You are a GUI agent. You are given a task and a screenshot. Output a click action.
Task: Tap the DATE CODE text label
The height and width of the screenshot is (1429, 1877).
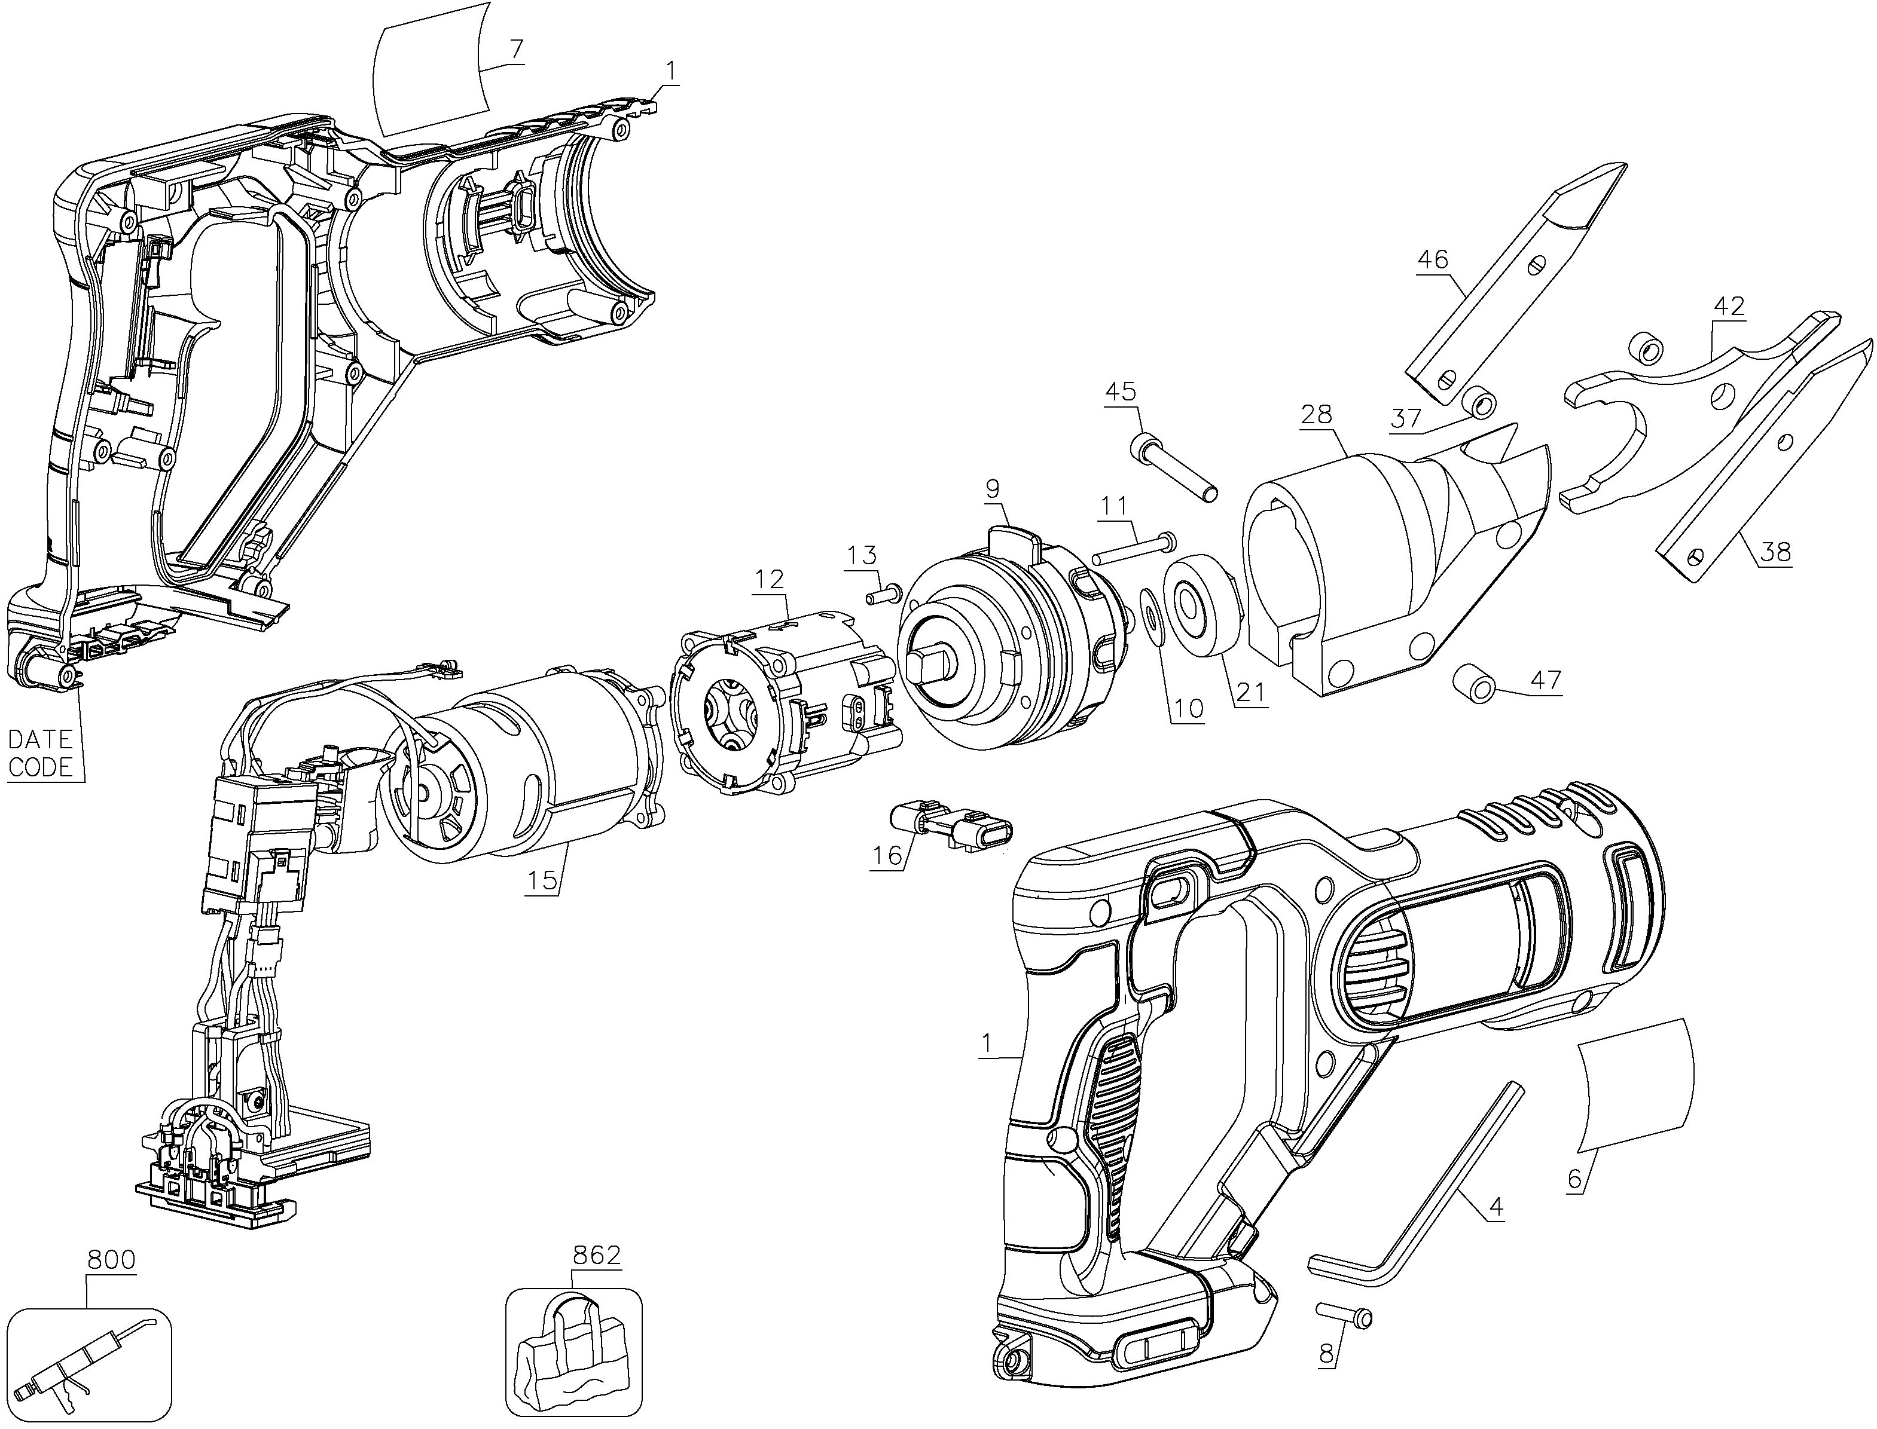click(40, 753)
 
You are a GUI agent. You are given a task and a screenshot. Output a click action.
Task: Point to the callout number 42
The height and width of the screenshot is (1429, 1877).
click(1728, 305)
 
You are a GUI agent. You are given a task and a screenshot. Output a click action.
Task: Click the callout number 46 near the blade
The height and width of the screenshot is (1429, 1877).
click(1433, 259)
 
